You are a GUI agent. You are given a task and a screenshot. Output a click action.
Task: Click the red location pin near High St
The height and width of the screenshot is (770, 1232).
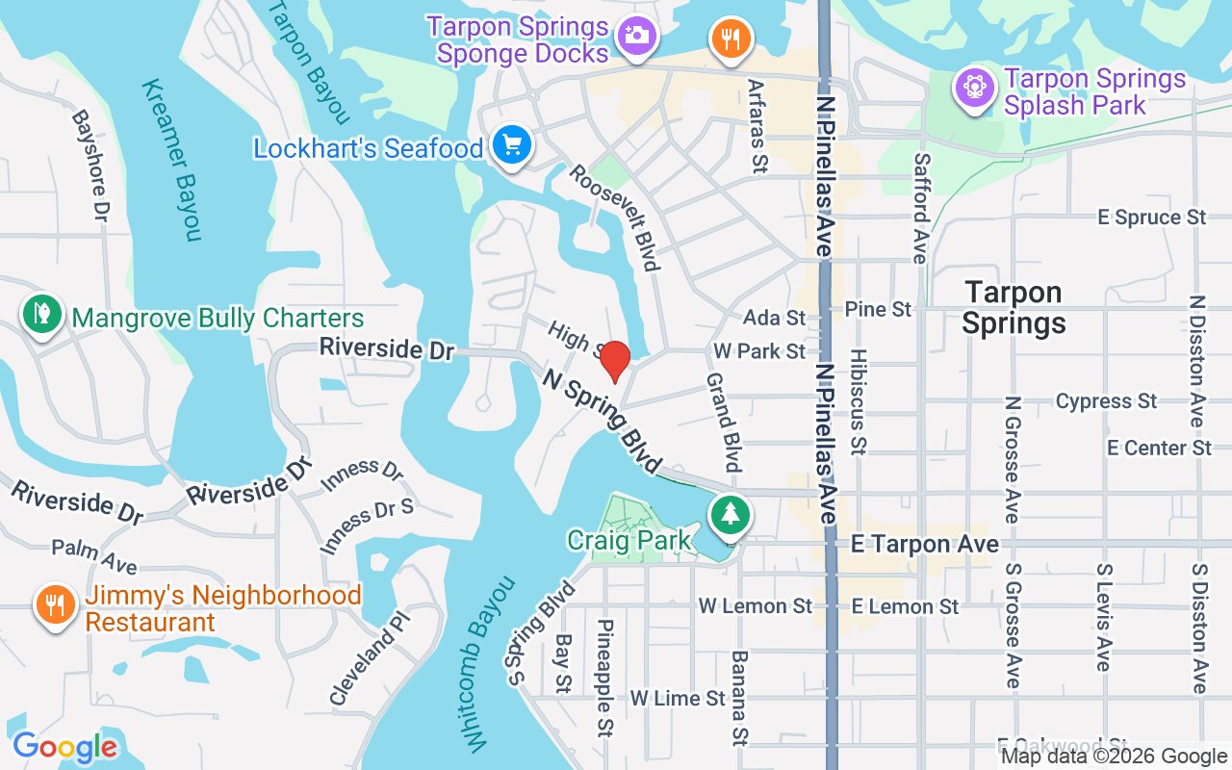614,361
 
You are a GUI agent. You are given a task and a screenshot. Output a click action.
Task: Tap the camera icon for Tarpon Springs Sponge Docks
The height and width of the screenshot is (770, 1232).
635,37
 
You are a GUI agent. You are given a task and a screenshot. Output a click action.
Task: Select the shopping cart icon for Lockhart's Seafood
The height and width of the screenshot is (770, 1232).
511,146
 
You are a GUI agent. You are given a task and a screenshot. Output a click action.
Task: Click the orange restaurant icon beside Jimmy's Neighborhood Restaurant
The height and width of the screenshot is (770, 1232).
56,604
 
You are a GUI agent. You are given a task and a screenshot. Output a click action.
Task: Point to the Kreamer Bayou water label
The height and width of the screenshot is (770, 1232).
171,160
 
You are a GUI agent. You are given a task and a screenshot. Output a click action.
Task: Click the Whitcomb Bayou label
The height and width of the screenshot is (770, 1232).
490,663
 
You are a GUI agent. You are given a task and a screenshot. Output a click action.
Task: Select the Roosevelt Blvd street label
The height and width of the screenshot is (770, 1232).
614,217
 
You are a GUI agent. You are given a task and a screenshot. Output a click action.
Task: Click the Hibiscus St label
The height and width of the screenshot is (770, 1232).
858,400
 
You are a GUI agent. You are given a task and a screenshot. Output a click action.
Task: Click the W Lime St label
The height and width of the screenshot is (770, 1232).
677,698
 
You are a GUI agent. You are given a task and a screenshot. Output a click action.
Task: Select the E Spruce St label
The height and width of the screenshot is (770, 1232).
1152,218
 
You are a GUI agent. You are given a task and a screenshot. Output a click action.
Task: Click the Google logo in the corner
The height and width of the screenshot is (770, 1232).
64,747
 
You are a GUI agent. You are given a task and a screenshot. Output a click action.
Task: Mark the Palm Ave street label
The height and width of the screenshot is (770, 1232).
93,555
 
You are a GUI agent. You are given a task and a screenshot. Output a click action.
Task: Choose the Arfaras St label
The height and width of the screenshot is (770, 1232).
757,126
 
